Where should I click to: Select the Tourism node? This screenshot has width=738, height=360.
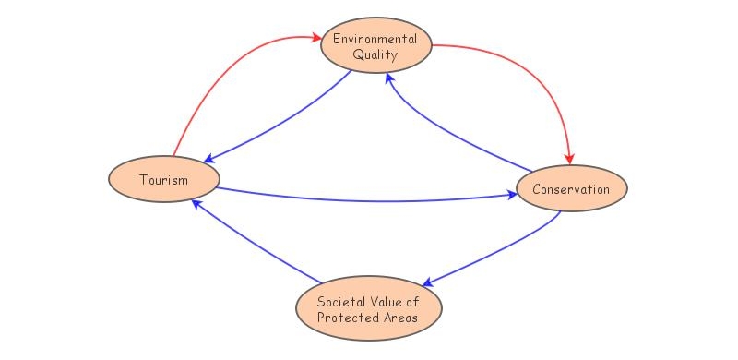point(163,179)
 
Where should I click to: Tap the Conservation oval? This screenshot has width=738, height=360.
point(571,189)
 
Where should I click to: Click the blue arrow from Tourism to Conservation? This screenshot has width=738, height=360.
point(369,198)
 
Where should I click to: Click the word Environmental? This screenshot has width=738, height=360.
point(375,39)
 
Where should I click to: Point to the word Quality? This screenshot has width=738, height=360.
point(375,54)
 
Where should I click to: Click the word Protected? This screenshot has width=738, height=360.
point(349,318)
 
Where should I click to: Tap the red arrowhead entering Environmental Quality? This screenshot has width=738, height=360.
point(314,38)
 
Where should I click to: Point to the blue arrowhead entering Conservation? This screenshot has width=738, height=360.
point(510,195)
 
